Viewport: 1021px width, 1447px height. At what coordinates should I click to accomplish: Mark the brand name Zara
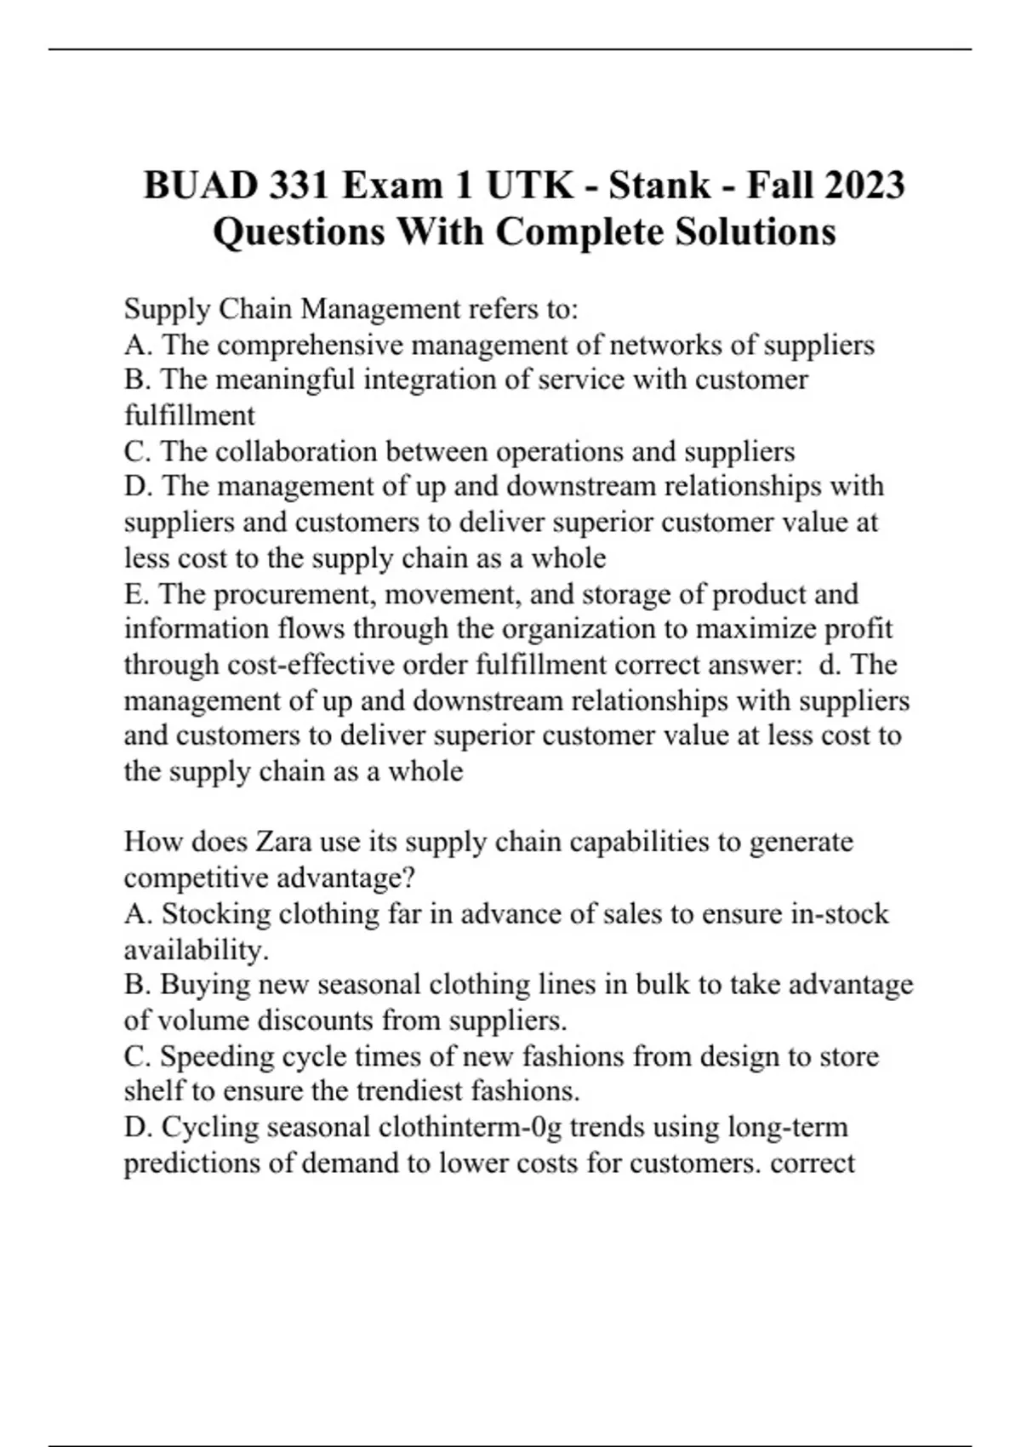click(284, 842)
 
